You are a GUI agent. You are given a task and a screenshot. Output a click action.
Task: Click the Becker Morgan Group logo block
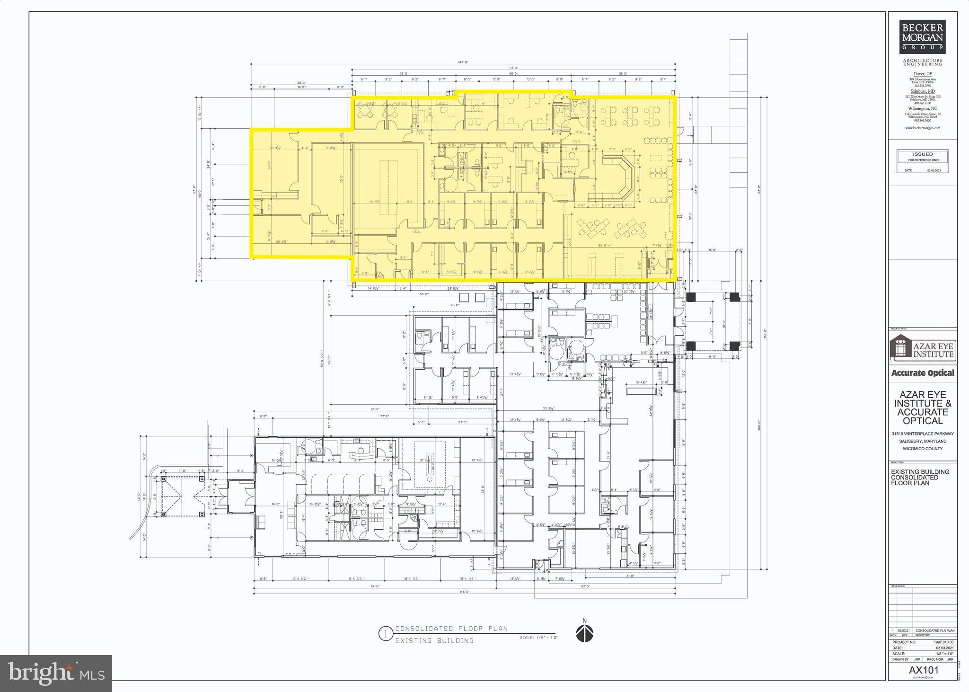[x=922, y=36]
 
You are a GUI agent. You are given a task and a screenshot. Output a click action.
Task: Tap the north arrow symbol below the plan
[x=585, y=633]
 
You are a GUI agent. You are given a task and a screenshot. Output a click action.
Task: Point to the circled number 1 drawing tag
[x=386, y=634]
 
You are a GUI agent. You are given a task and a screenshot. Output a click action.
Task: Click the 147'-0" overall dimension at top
[x=463, y=62]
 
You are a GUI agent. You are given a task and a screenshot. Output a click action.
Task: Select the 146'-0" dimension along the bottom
[x=465, y=592]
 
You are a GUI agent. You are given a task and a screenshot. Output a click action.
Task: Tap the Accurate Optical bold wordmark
[x=923, y=373]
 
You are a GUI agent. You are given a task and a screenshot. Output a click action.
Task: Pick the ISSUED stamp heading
[x=923, y=154]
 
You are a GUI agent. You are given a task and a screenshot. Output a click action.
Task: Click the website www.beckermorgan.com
[x=922, y=128]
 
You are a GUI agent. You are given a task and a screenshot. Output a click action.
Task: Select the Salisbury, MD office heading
[x=922, y=91]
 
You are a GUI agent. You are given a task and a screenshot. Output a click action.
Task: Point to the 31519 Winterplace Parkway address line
[x=923, y=434]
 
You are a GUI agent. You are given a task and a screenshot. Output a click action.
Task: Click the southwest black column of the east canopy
[x=691, y=345]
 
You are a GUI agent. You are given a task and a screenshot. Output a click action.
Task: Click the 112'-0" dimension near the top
[x=513, y=68]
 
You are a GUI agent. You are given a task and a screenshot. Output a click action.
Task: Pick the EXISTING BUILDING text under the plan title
[x=434, y=641]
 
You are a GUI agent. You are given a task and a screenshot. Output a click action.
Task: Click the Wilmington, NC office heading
[x=922, y=108]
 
